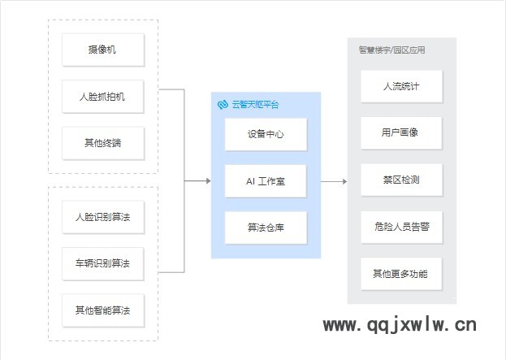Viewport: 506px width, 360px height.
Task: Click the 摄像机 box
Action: pos(103,50)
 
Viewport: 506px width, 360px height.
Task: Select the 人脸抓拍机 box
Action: pos(103,97)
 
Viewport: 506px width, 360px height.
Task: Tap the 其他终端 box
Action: pos(103,143)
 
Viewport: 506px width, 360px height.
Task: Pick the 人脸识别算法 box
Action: pos(103,218)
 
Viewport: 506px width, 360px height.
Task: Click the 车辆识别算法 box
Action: pos(103,264)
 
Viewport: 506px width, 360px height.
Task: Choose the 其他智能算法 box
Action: pos(103,310)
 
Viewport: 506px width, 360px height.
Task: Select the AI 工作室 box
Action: pos(266,180)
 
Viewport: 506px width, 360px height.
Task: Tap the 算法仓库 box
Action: pos(266,227)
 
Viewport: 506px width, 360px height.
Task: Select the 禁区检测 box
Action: pos(401,179)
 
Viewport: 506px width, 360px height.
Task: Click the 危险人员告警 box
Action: pos(401,227)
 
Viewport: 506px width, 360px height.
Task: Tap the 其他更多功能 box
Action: pos(401,273)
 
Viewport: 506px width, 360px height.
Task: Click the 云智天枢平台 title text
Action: pos(255,104)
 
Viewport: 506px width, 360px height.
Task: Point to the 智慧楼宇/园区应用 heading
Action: pos(392,50)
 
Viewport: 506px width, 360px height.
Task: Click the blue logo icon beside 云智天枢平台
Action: pos(223,104)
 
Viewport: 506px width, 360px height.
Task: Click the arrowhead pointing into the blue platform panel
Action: pos(205,180)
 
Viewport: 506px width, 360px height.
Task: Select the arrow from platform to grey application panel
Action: pos(333,180)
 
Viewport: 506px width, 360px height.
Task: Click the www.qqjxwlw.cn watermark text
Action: pos(400,326)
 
